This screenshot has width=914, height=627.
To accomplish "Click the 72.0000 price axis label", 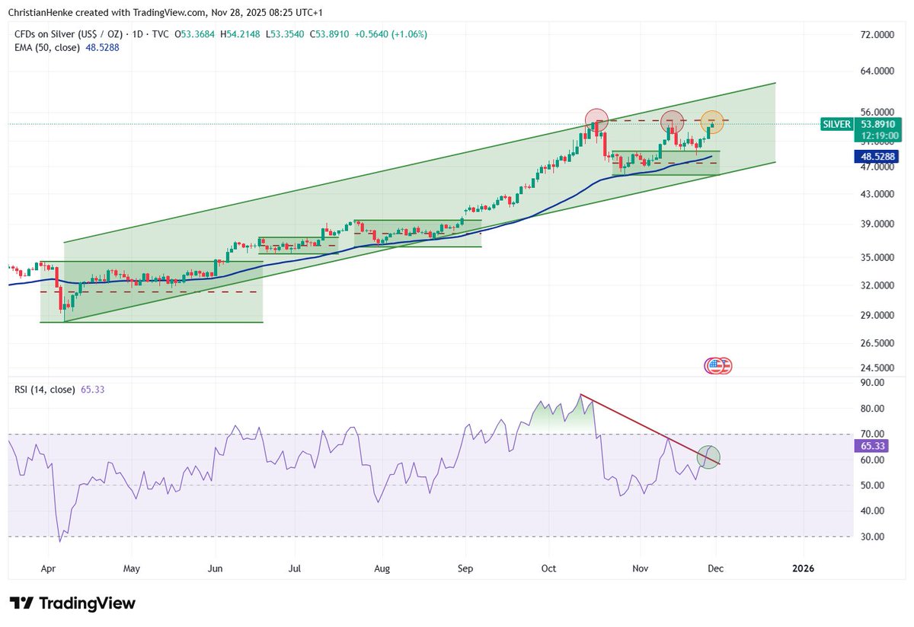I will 876,35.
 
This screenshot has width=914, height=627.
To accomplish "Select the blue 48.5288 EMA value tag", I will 877,156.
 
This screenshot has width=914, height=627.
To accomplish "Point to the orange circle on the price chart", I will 712,120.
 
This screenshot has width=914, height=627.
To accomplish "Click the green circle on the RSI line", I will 708,457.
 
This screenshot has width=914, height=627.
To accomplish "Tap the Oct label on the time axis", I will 549,568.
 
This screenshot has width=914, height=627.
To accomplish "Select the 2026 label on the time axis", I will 802,568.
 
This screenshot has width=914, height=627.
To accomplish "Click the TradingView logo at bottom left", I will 75,603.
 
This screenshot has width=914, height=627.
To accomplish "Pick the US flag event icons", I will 717,366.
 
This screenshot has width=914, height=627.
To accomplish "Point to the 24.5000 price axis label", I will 876,367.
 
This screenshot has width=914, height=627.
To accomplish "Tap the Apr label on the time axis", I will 49,568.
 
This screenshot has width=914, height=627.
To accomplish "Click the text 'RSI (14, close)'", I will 44,390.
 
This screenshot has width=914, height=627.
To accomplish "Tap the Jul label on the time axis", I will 295,568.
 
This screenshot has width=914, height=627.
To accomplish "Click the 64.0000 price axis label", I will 876,72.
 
